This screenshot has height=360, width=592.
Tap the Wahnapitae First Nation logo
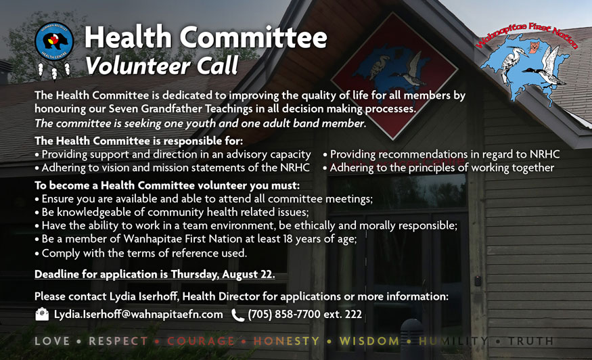point(527,60)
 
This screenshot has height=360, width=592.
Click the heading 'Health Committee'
point(205,38)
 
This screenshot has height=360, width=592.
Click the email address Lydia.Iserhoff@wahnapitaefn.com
point(138,315)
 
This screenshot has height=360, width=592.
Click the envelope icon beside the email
point(42,314)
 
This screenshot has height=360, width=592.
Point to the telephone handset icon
point(237,315)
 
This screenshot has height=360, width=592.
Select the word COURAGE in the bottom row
point(200,341)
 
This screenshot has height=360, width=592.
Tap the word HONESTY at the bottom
point(286,341)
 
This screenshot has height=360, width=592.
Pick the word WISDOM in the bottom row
point(369,341)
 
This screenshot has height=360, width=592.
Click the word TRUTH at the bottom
point(531,341)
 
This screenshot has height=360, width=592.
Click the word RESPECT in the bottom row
point(118,341)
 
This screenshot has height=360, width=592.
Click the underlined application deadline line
point(155,274)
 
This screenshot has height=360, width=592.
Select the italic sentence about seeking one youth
point(200,123)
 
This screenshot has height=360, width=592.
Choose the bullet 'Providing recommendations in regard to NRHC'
point(445,154)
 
